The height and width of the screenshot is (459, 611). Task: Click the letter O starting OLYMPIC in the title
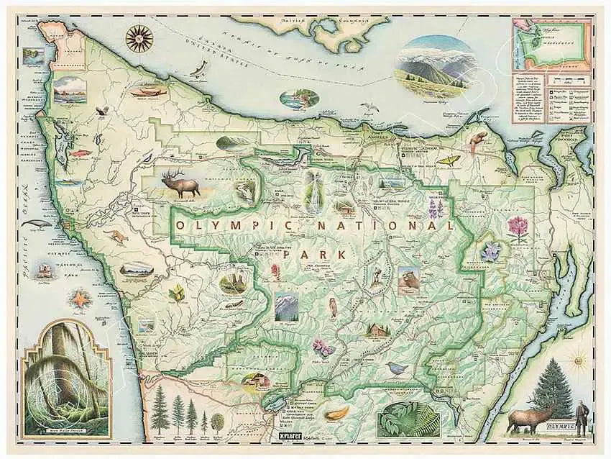tap(180, 225)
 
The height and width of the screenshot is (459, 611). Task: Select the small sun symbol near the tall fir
tap(576, 357)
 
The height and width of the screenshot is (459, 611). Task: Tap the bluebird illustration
tap(395, 368)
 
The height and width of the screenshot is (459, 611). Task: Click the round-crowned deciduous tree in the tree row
tap(216, 421)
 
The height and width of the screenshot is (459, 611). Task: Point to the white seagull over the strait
tap(369, 107)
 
